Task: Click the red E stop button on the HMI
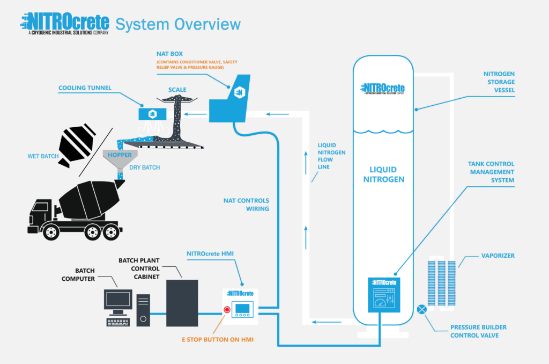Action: click(x=227, y=310)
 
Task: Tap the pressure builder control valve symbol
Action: click(x=422, y=309)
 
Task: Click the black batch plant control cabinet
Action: click(x=182, y=303)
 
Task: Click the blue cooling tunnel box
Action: click(x=152, y=113)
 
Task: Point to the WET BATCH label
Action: click(x=42, y=157)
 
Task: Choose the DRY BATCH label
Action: click(x=144, y=168)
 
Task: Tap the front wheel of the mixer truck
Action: click(x=51, y=231)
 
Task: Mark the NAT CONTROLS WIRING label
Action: click(x=246, y=205)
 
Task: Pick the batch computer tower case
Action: click(x=143, y=310)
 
